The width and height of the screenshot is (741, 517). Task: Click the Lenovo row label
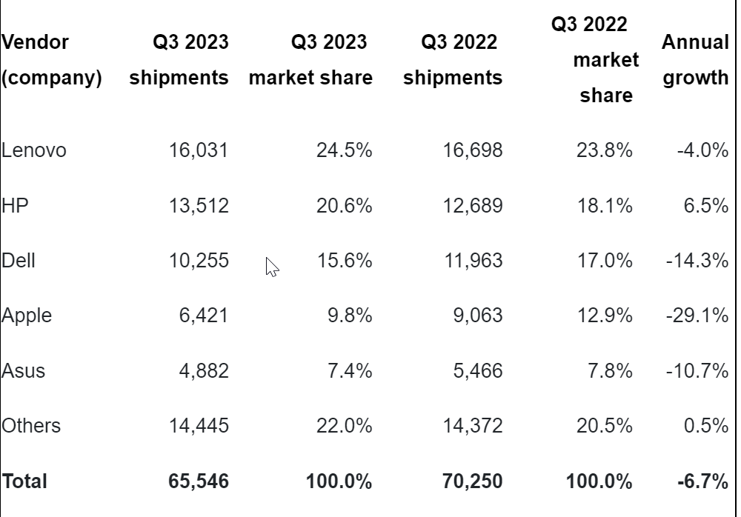(x=34, y=150)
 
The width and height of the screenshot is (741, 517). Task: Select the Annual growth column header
(x=695, y=60)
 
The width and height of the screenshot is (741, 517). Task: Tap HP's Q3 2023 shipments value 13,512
(x=199, y=205)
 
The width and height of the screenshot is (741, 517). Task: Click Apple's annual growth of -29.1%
(x=697, y=316)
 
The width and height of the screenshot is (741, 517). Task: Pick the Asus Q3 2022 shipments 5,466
(x=477, y=370)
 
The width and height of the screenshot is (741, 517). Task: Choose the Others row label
(x=31, y=426)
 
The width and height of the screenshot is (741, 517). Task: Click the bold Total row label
(x=24, y=481)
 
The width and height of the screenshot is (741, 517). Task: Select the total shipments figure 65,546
(x=199, y=481)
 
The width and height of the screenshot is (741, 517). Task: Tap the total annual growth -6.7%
(x=702, y=481)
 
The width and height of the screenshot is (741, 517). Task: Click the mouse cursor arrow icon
(x=272, y=267)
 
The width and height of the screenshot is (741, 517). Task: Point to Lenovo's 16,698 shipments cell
(x=471, y=150)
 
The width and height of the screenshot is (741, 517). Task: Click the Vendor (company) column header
(x=51, y=60)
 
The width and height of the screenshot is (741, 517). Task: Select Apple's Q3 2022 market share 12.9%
(x=605, y=316)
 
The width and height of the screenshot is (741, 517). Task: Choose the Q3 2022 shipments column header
(x=453, y=60)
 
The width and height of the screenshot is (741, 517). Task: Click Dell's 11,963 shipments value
(x=471, y=261)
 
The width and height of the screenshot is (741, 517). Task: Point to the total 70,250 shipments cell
(x=471, y=481)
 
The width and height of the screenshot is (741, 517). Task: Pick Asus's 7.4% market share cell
(x=350, y=370)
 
